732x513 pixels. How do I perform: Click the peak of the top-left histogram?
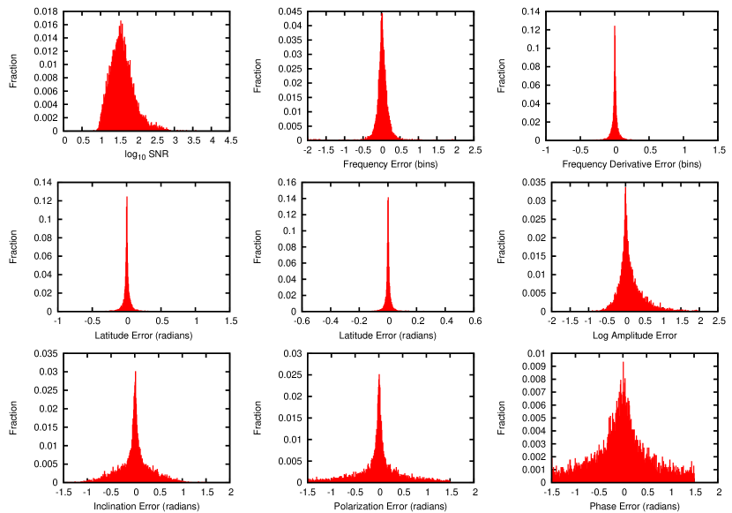[121, 23]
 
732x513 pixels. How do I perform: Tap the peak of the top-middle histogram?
[382, 15]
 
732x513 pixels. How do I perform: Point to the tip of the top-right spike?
[615, 27]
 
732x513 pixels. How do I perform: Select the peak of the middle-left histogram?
[127, 198]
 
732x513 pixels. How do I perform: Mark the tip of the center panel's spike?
[388, 199]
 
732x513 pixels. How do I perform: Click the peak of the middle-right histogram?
[625, 189]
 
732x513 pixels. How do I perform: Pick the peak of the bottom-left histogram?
[136, 373]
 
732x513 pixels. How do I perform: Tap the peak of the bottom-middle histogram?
[379, 375]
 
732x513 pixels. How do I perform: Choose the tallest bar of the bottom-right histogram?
[624, 363]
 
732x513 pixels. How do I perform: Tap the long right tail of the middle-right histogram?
[675, 308]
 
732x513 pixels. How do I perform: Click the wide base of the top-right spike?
[615, 136]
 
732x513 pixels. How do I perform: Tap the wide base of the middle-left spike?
[127, 306]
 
